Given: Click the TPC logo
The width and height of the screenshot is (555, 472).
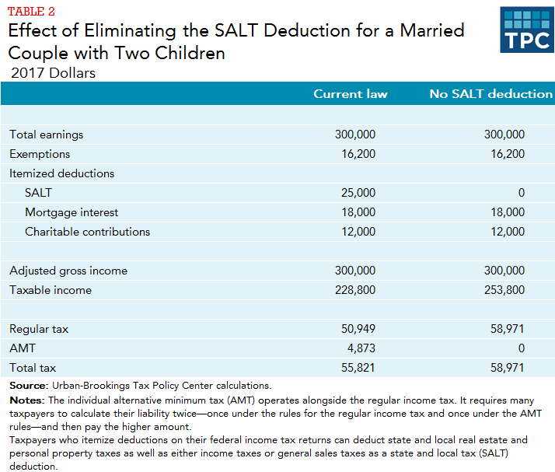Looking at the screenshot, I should [526, 30].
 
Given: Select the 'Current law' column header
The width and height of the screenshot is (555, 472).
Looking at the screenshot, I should [350, 94].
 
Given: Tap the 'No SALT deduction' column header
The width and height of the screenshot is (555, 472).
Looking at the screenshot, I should [490, 94].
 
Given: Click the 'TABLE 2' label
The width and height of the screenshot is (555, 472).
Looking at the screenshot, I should [31, 10].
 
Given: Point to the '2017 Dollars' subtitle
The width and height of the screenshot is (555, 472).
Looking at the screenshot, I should [53, 73].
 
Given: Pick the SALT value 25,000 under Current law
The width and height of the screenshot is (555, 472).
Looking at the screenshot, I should [358, 193].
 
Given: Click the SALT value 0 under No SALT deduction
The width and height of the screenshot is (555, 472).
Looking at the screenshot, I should [521, 193].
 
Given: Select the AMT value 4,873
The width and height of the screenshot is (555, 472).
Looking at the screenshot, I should [361, 348].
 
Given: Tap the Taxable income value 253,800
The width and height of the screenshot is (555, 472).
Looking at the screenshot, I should [504, 290].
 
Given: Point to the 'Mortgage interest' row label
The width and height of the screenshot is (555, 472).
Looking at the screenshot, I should [72, 212].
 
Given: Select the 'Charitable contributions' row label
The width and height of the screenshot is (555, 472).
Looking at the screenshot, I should [87, 232].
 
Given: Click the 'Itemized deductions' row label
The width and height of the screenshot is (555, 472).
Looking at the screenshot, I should [61, 173].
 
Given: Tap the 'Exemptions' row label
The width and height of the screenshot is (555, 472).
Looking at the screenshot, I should [40, 154].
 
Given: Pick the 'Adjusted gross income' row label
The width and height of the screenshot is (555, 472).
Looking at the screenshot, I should [68, 271].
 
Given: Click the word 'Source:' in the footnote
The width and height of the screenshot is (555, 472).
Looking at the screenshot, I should [28, 386].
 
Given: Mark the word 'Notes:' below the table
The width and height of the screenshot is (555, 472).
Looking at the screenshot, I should [26, 399].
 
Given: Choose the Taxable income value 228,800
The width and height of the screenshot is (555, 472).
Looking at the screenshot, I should [355, 290].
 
